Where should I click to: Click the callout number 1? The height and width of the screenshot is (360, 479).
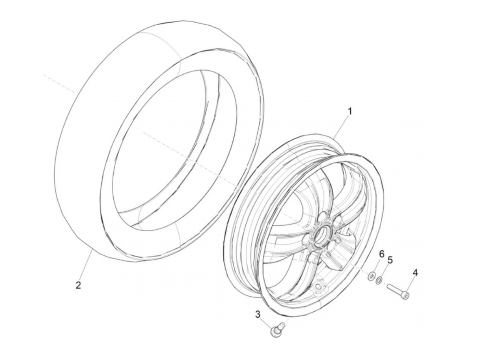(x=350, y=111)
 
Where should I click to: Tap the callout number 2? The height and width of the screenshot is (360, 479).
(x=78, y=285)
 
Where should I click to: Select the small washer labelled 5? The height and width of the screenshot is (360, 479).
(x=379, y=281)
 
